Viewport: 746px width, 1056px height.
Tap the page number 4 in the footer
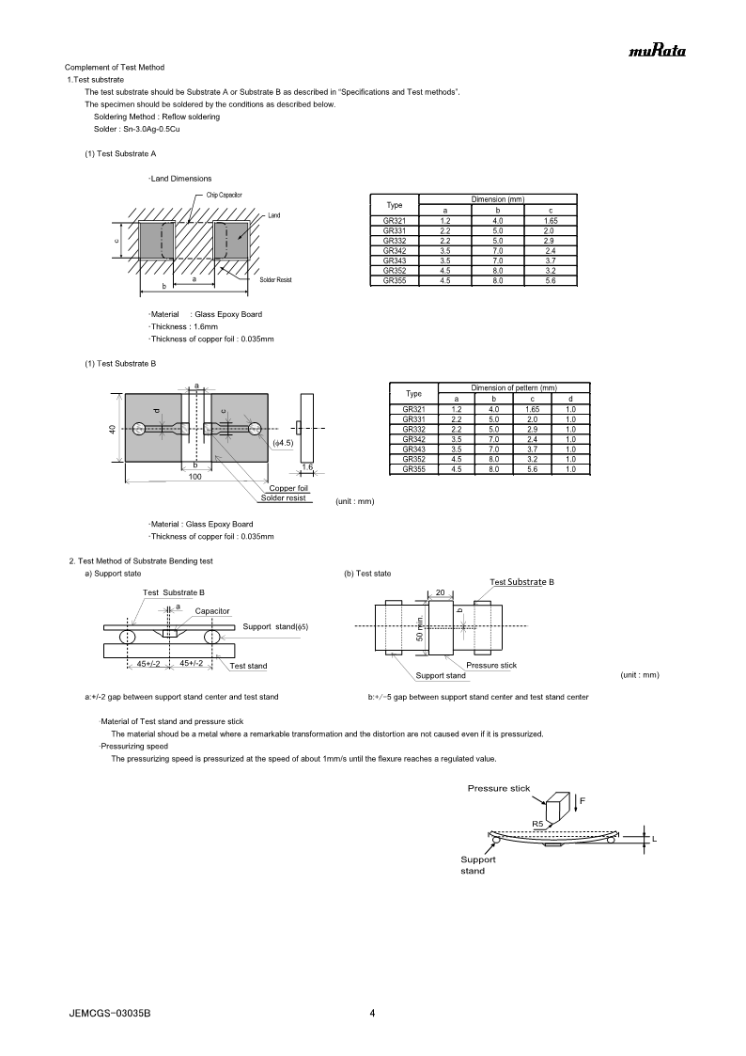(373, 1013)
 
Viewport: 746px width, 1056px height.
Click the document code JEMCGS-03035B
(110, 1014)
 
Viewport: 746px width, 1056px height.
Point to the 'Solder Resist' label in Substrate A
(275, 280)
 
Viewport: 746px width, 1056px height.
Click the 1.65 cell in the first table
(550, 220)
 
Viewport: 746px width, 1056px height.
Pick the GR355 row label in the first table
(395, 280)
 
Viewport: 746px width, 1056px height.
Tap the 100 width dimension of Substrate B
(194, 477)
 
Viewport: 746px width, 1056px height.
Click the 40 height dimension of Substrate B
(112, 430)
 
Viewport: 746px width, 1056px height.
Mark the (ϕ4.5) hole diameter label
(283, 442)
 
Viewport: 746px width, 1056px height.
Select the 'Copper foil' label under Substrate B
(288, 488)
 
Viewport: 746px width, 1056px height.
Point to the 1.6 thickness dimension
(306, 467)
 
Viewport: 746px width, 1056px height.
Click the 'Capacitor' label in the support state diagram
(212, 611)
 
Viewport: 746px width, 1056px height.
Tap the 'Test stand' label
(249, 666)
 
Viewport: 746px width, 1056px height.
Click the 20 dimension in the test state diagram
(440, 592)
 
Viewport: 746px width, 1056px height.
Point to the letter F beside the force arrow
(583, 799)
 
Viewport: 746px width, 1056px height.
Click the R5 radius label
(538, 824)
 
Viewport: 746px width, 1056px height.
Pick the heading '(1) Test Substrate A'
(120, 153)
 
